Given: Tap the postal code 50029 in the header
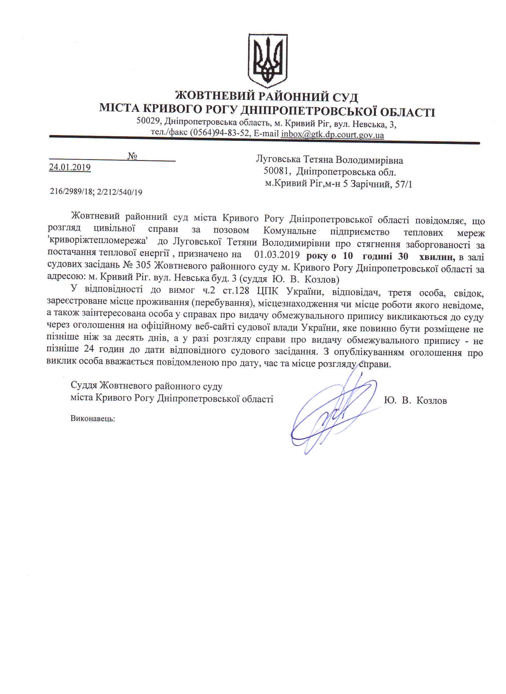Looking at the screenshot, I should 148,122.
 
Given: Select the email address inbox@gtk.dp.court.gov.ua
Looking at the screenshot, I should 332,134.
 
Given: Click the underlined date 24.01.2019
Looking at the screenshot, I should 70,167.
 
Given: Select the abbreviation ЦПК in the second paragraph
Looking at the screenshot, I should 268,291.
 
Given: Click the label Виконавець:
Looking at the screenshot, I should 93,418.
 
